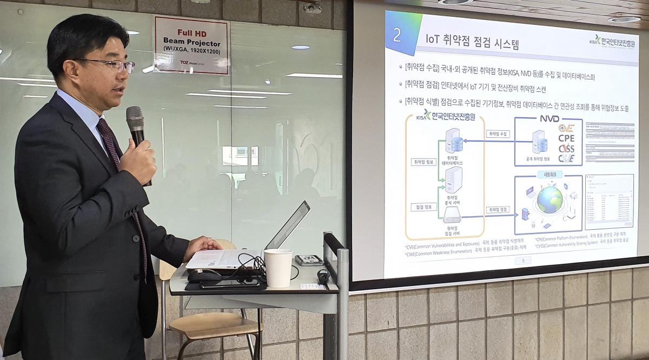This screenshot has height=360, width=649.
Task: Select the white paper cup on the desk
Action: click(x=279, y=268)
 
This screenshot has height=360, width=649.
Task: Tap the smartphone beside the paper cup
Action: click(x=309, y=260)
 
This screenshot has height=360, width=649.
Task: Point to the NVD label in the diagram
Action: click(x=549, y=118)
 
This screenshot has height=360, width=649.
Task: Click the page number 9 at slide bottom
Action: click(x=522, y=261)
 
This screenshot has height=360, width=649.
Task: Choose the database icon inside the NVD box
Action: click(x=539, y=142)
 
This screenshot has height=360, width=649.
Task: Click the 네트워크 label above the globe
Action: click(x=549, y=175)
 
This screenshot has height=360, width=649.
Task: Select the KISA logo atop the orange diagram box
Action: click(x=445, y=116)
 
